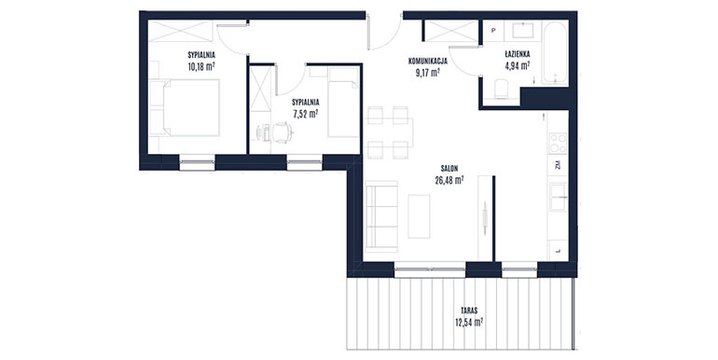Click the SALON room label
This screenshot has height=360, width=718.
point(449,169)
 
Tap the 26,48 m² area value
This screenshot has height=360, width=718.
point(449,180)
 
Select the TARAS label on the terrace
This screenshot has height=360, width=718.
point(469,311)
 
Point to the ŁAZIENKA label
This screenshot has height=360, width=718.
point(518,54)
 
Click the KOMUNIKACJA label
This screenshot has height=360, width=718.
point(428,61)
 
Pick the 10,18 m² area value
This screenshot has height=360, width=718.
point(201,66)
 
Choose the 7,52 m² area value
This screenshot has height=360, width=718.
point(306,114)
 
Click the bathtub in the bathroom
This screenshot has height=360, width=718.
point(555,52)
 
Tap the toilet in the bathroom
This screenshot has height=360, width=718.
point(502,89)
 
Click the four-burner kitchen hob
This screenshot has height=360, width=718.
point(559,143)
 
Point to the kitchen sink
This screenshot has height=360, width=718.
point(559,197)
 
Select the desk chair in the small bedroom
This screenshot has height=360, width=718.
point(283,132)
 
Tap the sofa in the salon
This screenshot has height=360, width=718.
point(381,216)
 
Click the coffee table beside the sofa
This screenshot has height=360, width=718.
point(419,216)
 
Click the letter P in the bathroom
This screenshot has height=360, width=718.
point(493,31)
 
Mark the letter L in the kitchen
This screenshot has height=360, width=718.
point(559,251)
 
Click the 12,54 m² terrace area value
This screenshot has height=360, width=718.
point(469,322)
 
